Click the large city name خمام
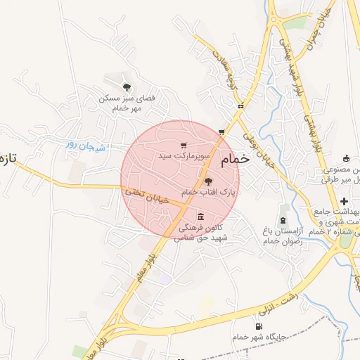pos(235,160)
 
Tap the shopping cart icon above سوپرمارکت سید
pos(184,146)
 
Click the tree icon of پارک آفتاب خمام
pos(207,181)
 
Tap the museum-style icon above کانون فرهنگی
pos(201,216)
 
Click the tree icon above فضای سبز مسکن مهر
pos(127,87)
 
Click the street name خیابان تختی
pos(147,196)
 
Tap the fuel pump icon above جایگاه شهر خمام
pos(260,326)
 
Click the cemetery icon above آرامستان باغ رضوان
pos(284,210)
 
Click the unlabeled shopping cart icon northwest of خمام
pos(221,131)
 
